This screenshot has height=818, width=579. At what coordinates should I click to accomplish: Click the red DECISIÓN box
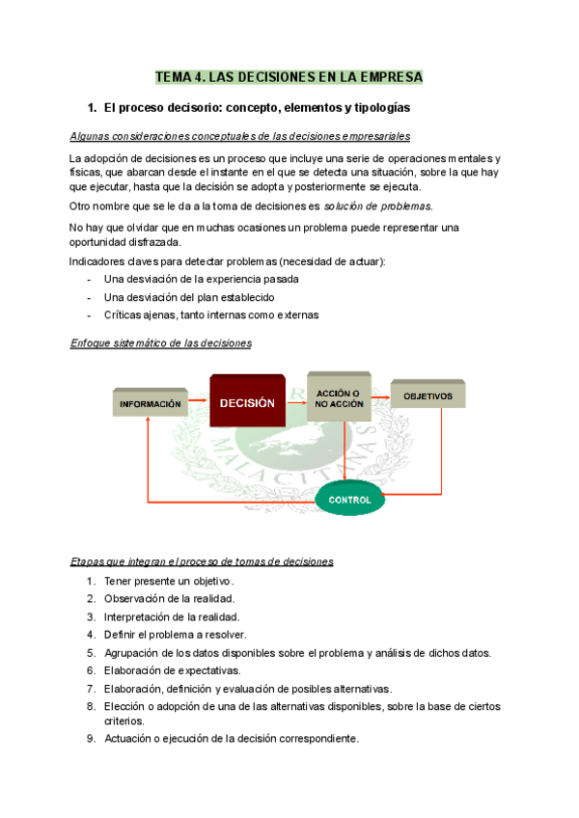point(248,401)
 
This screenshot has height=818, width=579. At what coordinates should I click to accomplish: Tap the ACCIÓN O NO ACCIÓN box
point(338,397)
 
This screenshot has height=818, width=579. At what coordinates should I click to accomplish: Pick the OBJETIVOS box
point(427,395)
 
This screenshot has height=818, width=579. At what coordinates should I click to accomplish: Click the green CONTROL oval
point(349,500)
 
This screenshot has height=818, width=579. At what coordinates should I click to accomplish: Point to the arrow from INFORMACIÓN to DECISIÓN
point(198,402)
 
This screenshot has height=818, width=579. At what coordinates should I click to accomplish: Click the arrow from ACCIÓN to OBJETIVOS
point(379,395)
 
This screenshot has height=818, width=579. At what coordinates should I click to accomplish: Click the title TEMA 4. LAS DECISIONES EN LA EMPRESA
point(289,77)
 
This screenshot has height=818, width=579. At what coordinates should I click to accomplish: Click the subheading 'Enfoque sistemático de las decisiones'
point(161,343)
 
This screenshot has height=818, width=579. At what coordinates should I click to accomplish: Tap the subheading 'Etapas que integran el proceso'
point(202,561)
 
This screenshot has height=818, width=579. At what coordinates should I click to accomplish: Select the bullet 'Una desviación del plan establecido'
point(189,297)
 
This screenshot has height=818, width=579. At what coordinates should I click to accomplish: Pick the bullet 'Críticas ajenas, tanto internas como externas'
point(211,315)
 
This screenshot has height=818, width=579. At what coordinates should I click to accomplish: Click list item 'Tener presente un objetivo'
point(169,581)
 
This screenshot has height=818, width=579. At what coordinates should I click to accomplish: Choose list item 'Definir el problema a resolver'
point(175,635)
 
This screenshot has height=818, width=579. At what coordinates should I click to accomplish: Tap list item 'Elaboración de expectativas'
point(172,670)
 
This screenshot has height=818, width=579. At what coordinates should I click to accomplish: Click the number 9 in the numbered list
point(90,739)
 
